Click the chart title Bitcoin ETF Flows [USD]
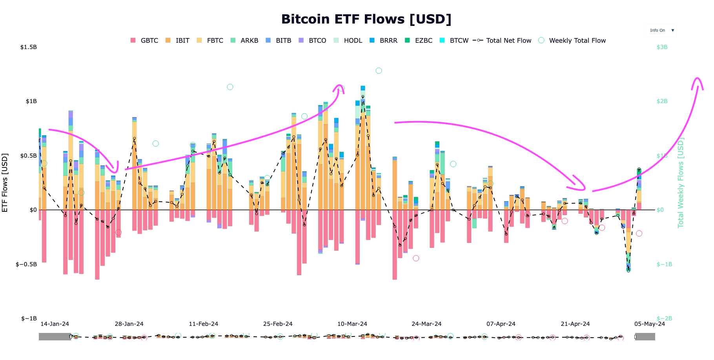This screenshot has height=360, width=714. (x=366, y=19)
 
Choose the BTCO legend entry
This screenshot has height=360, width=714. (x=313, y=40)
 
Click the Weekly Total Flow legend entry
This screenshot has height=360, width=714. (x=572, y=40)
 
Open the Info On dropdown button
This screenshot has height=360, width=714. (x=661, y=31)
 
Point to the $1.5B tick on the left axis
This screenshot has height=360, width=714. (x=29, y=47)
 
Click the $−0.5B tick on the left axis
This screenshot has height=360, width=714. (x=26, y=264)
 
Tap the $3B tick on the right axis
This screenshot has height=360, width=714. (x=662, y=47)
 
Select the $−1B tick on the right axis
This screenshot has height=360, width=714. (x=664, y=264)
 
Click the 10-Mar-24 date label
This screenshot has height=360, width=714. (x=352, y=324)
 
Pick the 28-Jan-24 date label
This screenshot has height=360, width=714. (x=129, y=324)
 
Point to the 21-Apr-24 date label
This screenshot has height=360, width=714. (x=575, y=324)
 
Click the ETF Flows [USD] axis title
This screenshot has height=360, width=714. (x=5, y=183)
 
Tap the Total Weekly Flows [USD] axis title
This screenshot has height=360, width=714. (x=681, y=183)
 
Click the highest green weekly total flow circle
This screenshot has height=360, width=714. (x=379, y=71)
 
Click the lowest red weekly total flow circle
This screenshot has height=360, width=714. (x=416, y=258)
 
